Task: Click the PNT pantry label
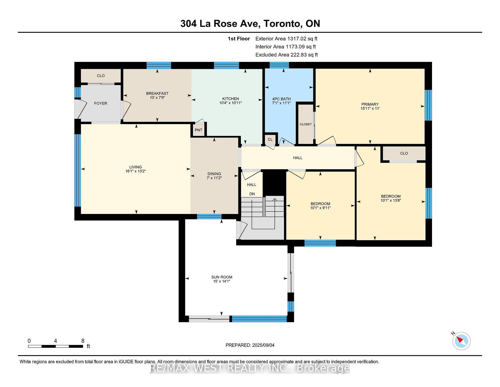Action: (198, 130)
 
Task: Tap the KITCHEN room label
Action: (230, 99)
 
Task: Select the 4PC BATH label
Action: (281, 99)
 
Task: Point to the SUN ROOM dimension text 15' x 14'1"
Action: (222, 281)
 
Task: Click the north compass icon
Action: (461, 341)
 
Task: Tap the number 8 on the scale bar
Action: (83, 341)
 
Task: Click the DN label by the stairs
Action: (252, 194)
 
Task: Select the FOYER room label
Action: (101, 104)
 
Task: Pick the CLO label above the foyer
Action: (101, 76)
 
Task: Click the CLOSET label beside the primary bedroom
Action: (305, 124)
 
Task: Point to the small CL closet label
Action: (270, 140)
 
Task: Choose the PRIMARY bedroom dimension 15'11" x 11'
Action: (370, 108)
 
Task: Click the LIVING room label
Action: (136, 167)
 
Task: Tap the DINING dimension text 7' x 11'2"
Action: (214, 178)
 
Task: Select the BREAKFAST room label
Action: (157, 93)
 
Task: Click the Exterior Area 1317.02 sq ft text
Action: (286, 39)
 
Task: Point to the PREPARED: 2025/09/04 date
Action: (250, 345)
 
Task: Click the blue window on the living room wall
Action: (78, 171)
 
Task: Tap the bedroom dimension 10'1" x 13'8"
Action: (391, 201)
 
